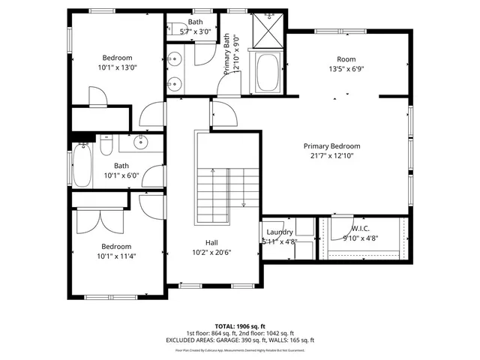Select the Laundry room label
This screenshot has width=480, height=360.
point(280,232)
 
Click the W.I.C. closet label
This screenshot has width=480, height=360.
point(361,229)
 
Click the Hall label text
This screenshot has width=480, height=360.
point(212,242)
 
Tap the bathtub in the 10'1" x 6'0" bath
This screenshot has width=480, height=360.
point(82,166)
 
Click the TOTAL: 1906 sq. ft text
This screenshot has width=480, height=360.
point(240,326)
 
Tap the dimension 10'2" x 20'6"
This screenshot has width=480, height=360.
point(212,252)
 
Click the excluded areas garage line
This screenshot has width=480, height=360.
point(240,340)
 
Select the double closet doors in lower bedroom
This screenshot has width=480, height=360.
point(98,220)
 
